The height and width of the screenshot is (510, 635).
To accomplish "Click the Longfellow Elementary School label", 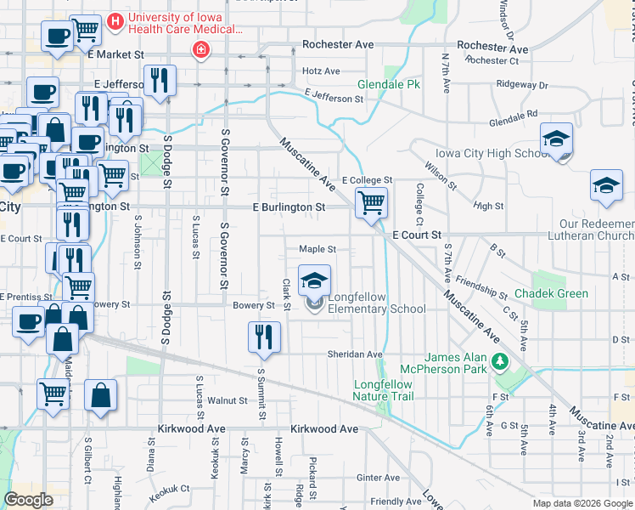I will pos(377,303).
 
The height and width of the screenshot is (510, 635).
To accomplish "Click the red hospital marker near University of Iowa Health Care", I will pos(201,49).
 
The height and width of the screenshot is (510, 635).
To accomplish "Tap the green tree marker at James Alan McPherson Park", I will pos(500,363).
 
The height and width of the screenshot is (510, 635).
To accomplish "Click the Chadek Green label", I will pos(560,294).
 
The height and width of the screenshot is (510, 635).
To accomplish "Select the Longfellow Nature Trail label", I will pos(383,390).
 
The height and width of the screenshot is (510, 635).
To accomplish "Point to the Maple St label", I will pos(317,250).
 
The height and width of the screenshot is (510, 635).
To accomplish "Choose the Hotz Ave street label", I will pos(321,71).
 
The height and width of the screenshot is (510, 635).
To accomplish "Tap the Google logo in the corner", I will pos(29,500).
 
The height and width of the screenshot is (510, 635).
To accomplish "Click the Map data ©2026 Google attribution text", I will pos(582,503).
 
